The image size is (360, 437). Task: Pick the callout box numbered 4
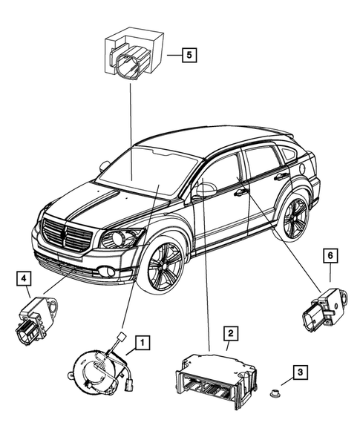coord(24,279)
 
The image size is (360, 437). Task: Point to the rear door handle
coord(281,177)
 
